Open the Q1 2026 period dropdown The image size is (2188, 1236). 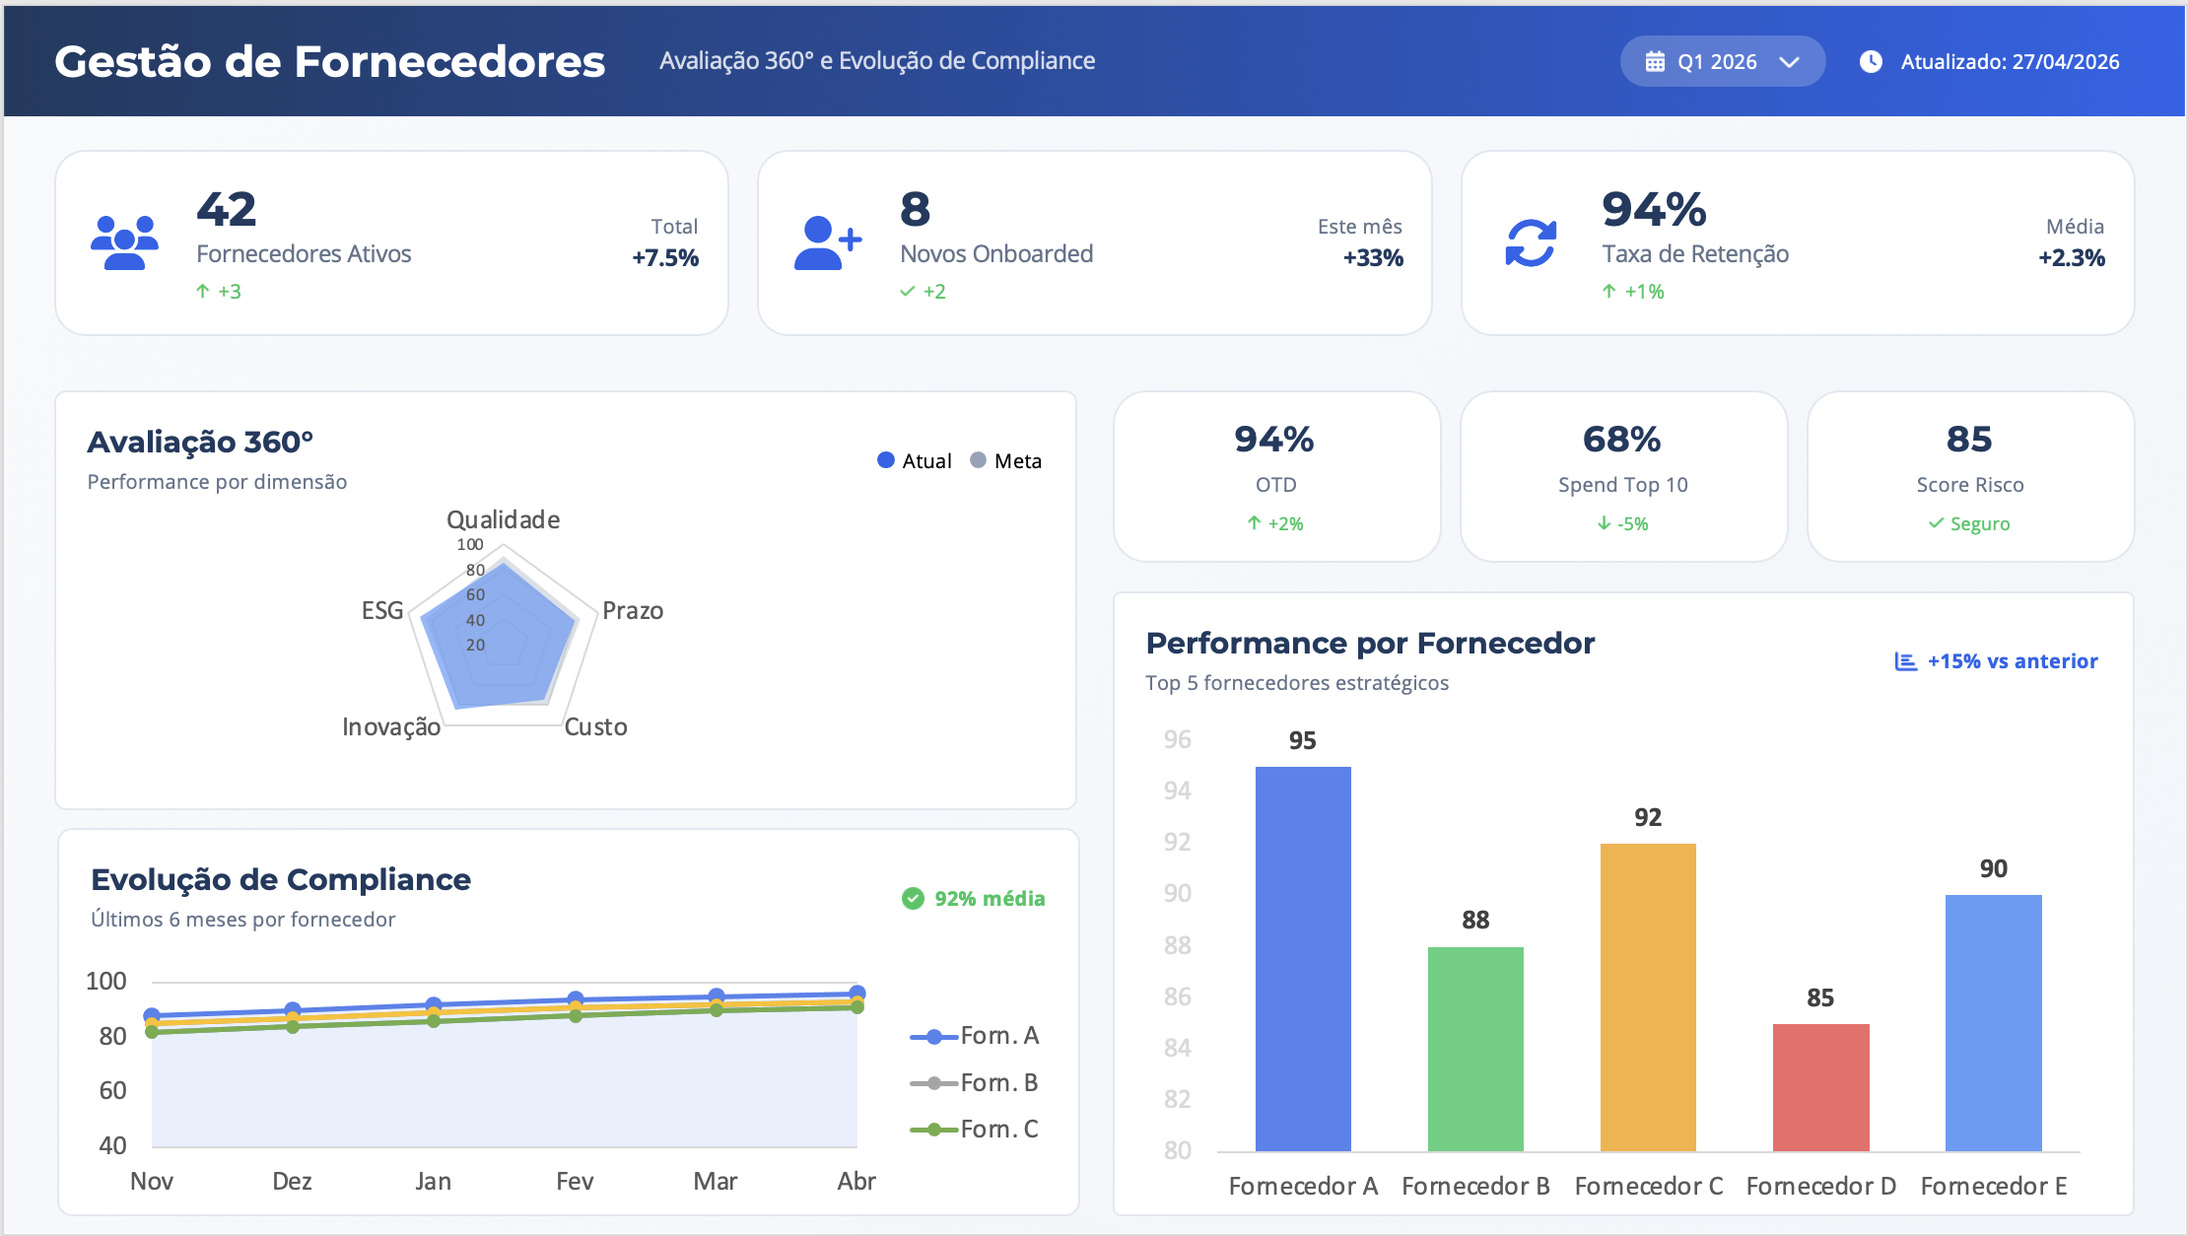pos(1722,61)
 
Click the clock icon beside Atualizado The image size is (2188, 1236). pos(1871,61)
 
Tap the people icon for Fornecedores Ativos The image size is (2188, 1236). pos(124,242)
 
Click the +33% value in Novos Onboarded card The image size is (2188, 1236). pos(1373,258)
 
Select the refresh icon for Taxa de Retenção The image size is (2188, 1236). pos(1531,242)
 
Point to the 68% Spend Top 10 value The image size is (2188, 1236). pos(1622,440)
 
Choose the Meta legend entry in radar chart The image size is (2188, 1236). pos(1006,460)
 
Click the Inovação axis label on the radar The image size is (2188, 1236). pos(391,726)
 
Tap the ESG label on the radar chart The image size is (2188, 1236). pos(382,610)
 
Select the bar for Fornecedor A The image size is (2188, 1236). pos(1303,958)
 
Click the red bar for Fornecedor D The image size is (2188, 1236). pos(1820,1087)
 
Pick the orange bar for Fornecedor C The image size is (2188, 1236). pos(1648,996)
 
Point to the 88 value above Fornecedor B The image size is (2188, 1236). pos(1475,920)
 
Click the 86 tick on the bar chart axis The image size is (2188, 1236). pos(1178,996)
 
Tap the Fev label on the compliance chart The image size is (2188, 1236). pos(575,1181)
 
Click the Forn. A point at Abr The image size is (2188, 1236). pos(857,994)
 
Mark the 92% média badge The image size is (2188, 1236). pos(973,898)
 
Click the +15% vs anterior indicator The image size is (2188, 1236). pos(1996,661)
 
